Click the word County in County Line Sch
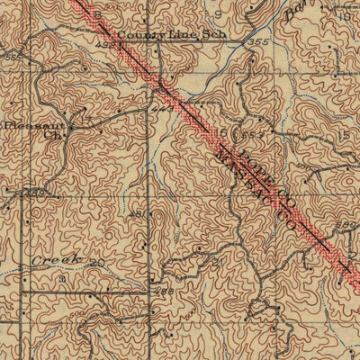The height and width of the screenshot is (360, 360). (x=136, y=34)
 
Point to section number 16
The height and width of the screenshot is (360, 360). (x=222, y=131)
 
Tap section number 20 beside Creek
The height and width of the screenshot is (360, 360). (x=97, y=264)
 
